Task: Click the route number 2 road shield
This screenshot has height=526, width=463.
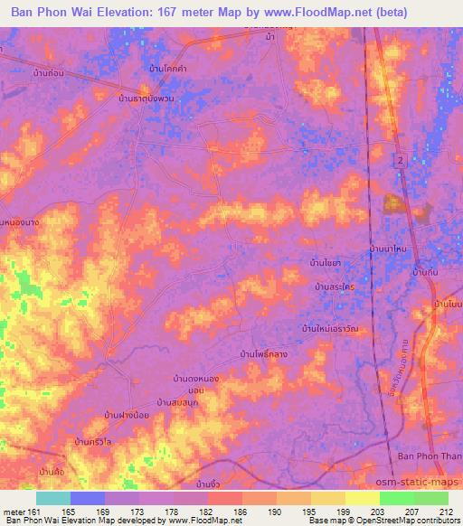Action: pos(398,160)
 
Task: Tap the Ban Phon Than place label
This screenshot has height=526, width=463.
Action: pos(430,456)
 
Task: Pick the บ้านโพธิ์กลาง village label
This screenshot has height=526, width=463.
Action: pos(265,354)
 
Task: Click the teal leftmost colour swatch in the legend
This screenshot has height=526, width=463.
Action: pos(53,498)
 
